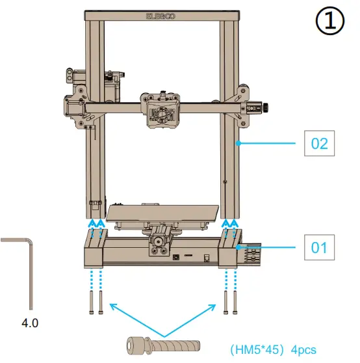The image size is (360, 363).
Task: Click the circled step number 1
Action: point(329,22)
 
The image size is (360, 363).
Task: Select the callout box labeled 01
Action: point(319,248)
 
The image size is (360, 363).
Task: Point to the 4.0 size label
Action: point(31,321)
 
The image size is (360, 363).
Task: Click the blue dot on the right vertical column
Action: point(240,142)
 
